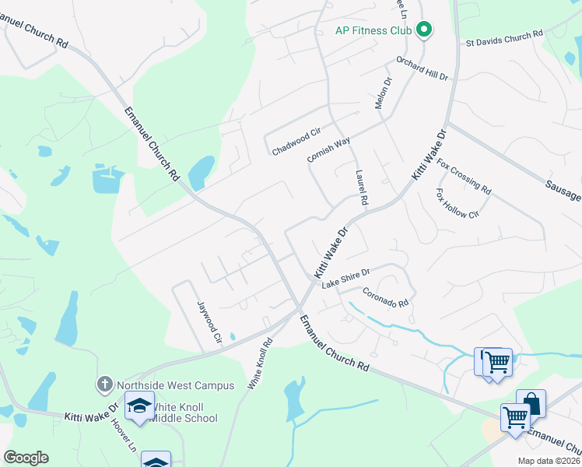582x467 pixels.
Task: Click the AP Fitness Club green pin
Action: tap(424, 30)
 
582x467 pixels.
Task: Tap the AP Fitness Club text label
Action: tap(372, 31)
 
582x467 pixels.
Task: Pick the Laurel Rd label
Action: tap(361, 188)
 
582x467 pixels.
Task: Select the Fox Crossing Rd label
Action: tap(464, 177)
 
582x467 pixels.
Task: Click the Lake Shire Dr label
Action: tap(345, 279)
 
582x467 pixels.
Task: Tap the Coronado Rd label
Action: tap(385, 298)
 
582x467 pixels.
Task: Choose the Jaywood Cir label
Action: tap(209, 323)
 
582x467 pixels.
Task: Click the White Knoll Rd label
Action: tap(261, 363)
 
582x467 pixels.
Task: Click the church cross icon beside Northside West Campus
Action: tap(105, 384)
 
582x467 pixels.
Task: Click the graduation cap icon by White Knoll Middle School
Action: tap(140, 408)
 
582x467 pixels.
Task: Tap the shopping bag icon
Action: tap(531, 403)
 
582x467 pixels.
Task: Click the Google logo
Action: tap(26, 458)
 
